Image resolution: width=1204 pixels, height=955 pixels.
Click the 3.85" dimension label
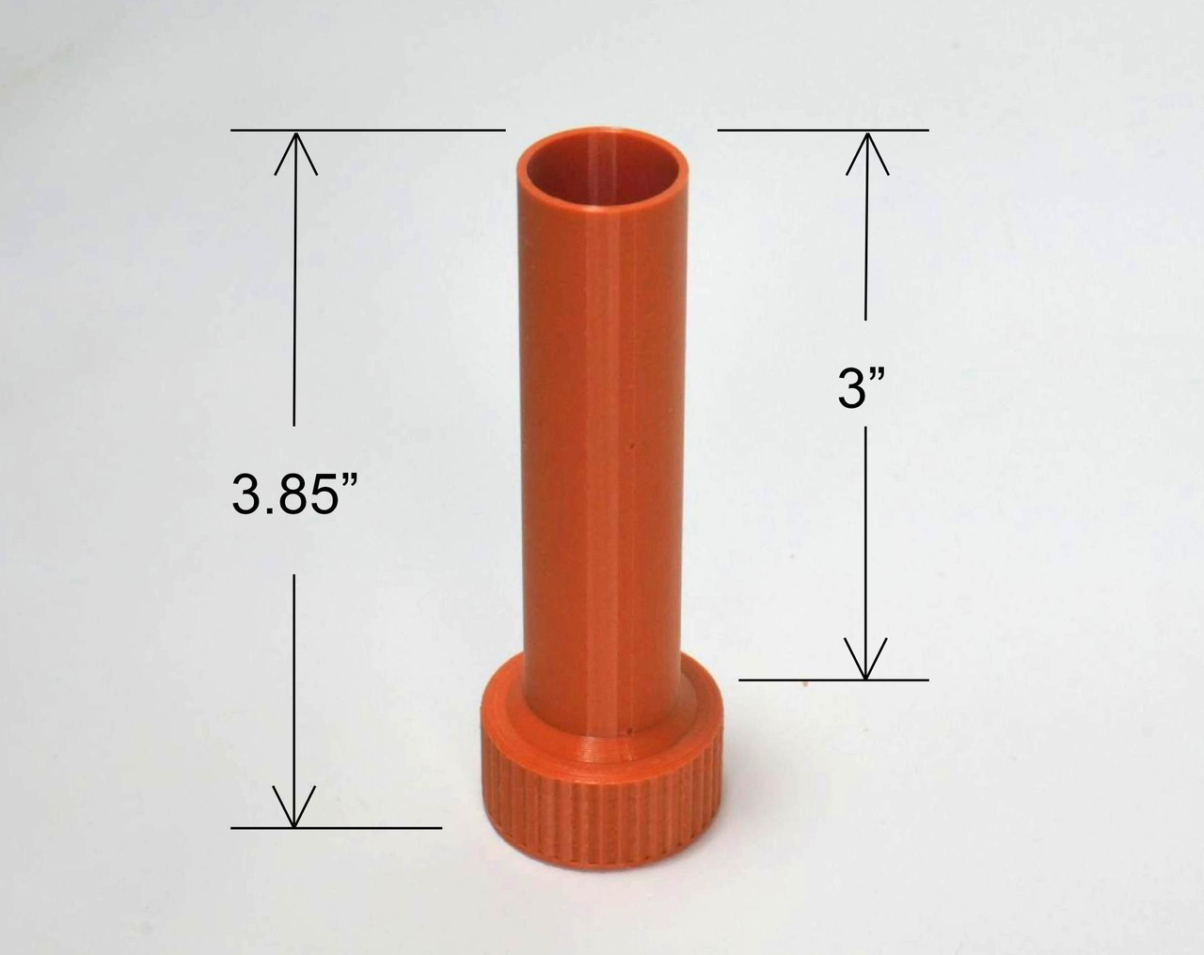point(294,493)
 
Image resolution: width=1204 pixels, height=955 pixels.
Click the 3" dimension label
point(862,389)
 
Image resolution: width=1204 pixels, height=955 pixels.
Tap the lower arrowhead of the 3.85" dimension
point(294,806)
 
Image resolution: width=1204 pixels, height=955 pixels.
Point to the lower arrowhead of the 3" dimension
point(865,658)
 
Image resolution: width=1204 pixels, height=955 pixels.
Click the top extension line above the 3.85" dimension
point(368,131)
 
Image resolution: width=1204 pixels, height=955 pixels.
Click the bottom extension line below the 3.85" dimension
point(336,827)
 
